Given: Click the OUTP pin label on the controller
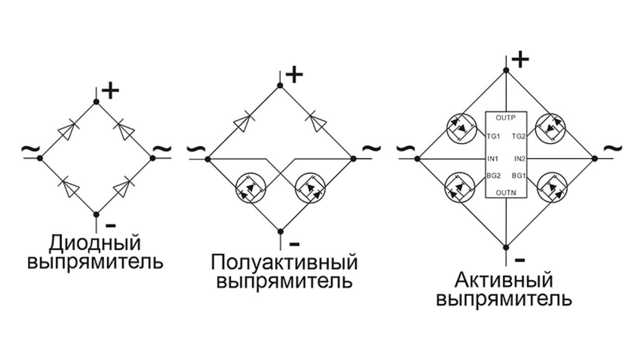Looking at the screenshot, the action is coord(506,117).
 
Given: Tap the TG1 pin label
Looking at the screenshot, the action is coord(494,137).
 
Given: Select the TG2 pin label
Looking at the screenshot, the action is coord(519,137).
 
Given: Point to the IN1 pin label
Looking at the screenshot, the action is coord(493,159).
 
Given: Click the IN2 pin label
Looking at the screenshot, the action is coord(520,159).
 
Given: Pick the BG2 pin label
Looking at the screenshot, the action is coord(494,176).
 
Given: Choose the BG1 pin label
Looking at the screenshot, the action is coord(519,176).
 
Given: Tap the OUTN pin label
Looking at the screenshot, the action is coord(506,193).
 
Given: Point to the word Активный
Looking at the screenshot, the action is coord(504,280).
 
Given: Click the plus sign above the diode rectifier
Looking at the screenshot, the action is coord(110,90).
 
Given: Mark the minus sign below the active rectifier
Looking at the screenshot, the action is coord(520,260).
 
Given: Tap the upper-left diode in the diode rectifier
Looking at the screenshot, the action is coord(68,130).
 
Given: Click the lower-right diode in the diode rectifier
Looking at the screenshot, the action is coord(124,187).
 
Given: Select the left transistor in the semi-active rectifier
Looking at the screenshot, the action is coord(251,188).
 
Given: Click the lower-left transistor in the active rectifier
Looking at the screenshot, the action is coord(460,188).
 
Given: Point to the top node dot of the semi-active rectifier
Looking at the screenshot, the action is coord(280,86).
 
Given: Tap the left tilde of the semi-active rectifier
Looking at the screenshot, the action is coord(196,148).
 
